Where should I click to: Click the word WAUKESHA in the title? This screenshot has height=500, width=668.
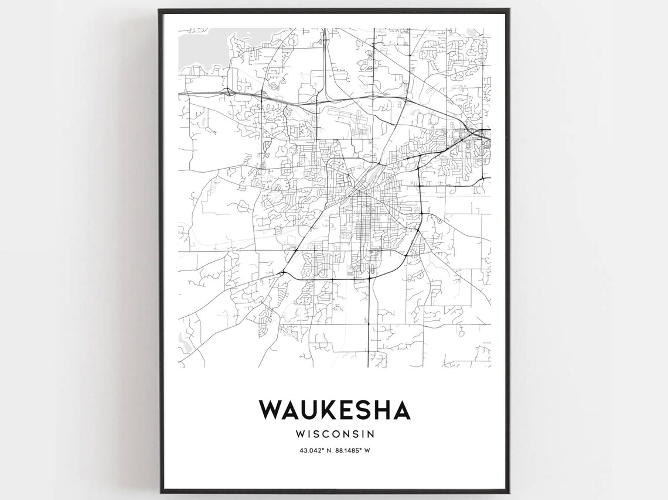point(335,410)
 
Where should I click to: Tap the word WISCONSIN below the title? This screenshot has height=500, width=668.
point(335,434)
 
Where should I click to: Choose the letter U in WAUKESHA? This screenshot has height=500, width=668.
point(308,410)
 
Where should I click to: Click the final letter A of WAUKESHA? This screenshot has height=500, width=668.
point(401,410)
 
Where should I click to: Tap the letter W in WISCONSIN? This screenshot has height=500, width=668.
point(301,434)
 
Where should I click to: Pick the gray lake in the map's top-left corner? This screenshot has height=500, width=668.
point(196,42)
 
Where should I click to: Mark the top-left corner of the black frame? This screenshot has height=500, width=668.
point(159,9)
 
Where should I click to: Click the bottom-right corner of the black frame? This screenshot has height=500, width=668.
point(510,492)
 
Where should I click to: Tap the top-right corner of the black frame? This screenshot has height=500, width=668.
point(510,9)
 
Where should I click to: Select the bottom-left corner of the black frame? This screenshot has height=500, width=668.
point(159,492)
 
